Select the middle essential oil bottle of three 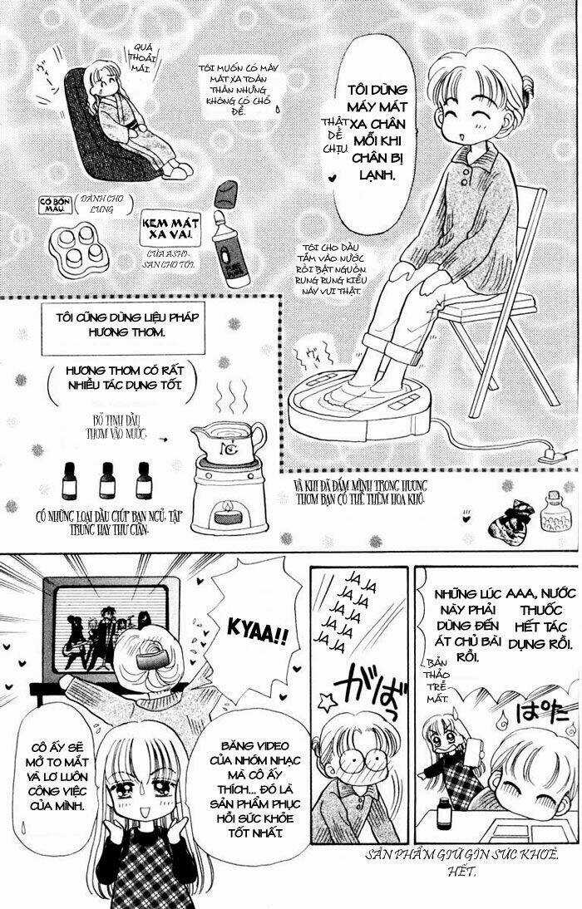click(106, 480)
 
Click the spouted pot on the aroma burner click(228, 440)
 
